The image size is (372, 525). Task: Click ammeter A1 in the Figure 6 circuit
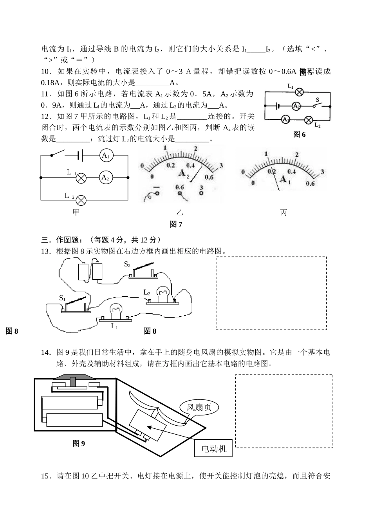pyautogui.click(x=286, y=119)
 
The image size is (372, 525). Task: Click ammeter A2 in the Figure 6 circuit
pyautogui.click(x=296, y=106)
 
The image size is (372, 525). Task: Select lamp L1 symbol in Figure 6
pyautogui.click(x=300, y=92)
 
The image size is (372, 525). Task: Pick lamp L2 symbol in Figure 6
pyautogui.click(x=309, y=119)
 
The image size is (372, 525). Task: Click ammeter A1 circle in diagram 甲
pyautogui.click(x=105, y=155)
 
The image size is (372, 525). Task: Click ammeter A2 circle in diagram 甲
pyautogui.click(x=105, y=177)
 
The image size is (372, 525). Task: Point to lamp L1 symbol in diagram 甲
pyautogui.click(x=81, y=178)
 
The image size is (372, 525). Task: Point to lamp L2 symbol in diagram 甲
pyautogui.click(x=81, y=201)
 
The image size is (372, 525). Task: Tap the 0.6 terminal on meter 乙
pyautogui.click(x=180, y=193)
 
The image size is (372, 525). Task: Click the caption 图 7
pyautogui.click(x=176, y=224)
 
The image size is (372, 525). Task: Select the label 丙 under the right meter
pyautogui.click(x=283, y=212)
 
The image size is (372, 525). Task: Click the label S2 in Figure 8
pyautogui.click(x=127, y=264)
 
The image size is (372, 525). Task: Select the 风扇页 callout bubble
pyautogui.click(x=199, y=407)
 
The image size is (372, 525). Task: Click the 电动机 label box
pyautogui.click(x=213, y=448)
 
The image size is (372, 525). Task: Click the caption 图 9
pyautogui.click(x=79, y=443)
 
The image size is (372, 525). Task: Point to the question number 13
pyautogui.click(x=46, y=251)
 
